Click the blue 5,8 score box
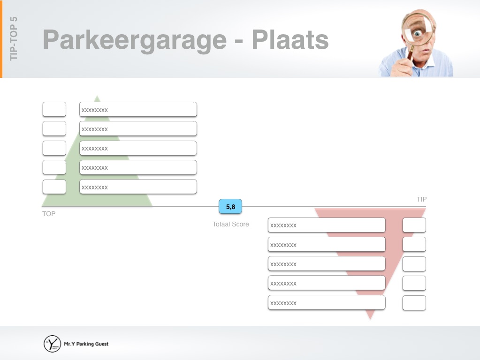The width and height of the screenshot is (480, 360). point(230,206)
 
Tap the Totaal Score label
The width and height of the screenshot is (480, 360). point(230,224)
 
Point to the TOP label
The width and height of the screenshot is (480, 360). point(49,214)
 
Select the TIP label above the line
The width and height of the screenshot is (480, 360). point(421,199)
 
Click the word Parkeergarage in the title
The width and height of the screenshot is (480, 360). point(135,40)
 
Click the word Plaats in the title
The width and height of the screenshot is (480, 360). point(290,39)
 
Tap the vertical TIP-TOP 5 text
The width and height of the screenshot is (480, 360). point(14,38)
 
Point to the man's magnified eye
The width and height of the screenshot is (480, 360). point(417,33)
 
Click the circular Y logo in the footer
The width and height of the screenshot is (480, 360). point(52,344)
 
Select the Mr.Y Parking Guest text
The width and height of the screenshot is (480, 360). point(86,344)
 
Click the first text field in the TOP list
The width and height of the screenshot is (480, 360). point(138,110)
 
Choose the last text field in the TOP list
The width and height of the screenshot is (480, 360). point(138,187)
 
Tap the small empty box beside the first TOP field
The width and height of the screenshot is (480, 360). point(54,110)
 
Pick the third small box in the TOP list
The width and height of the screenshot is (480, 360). point(54,148)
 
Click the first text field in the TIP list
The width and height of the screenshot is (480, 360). point(327,225)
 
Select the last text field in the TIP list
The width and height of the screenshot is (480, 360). point(327,303)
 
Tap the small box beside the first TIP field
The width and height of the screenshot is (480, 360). point(414,225)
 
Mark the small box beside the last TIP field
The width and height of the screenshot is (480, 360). point(414,303)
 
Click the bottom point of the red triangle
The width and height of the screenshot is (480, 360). point(370,319)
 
